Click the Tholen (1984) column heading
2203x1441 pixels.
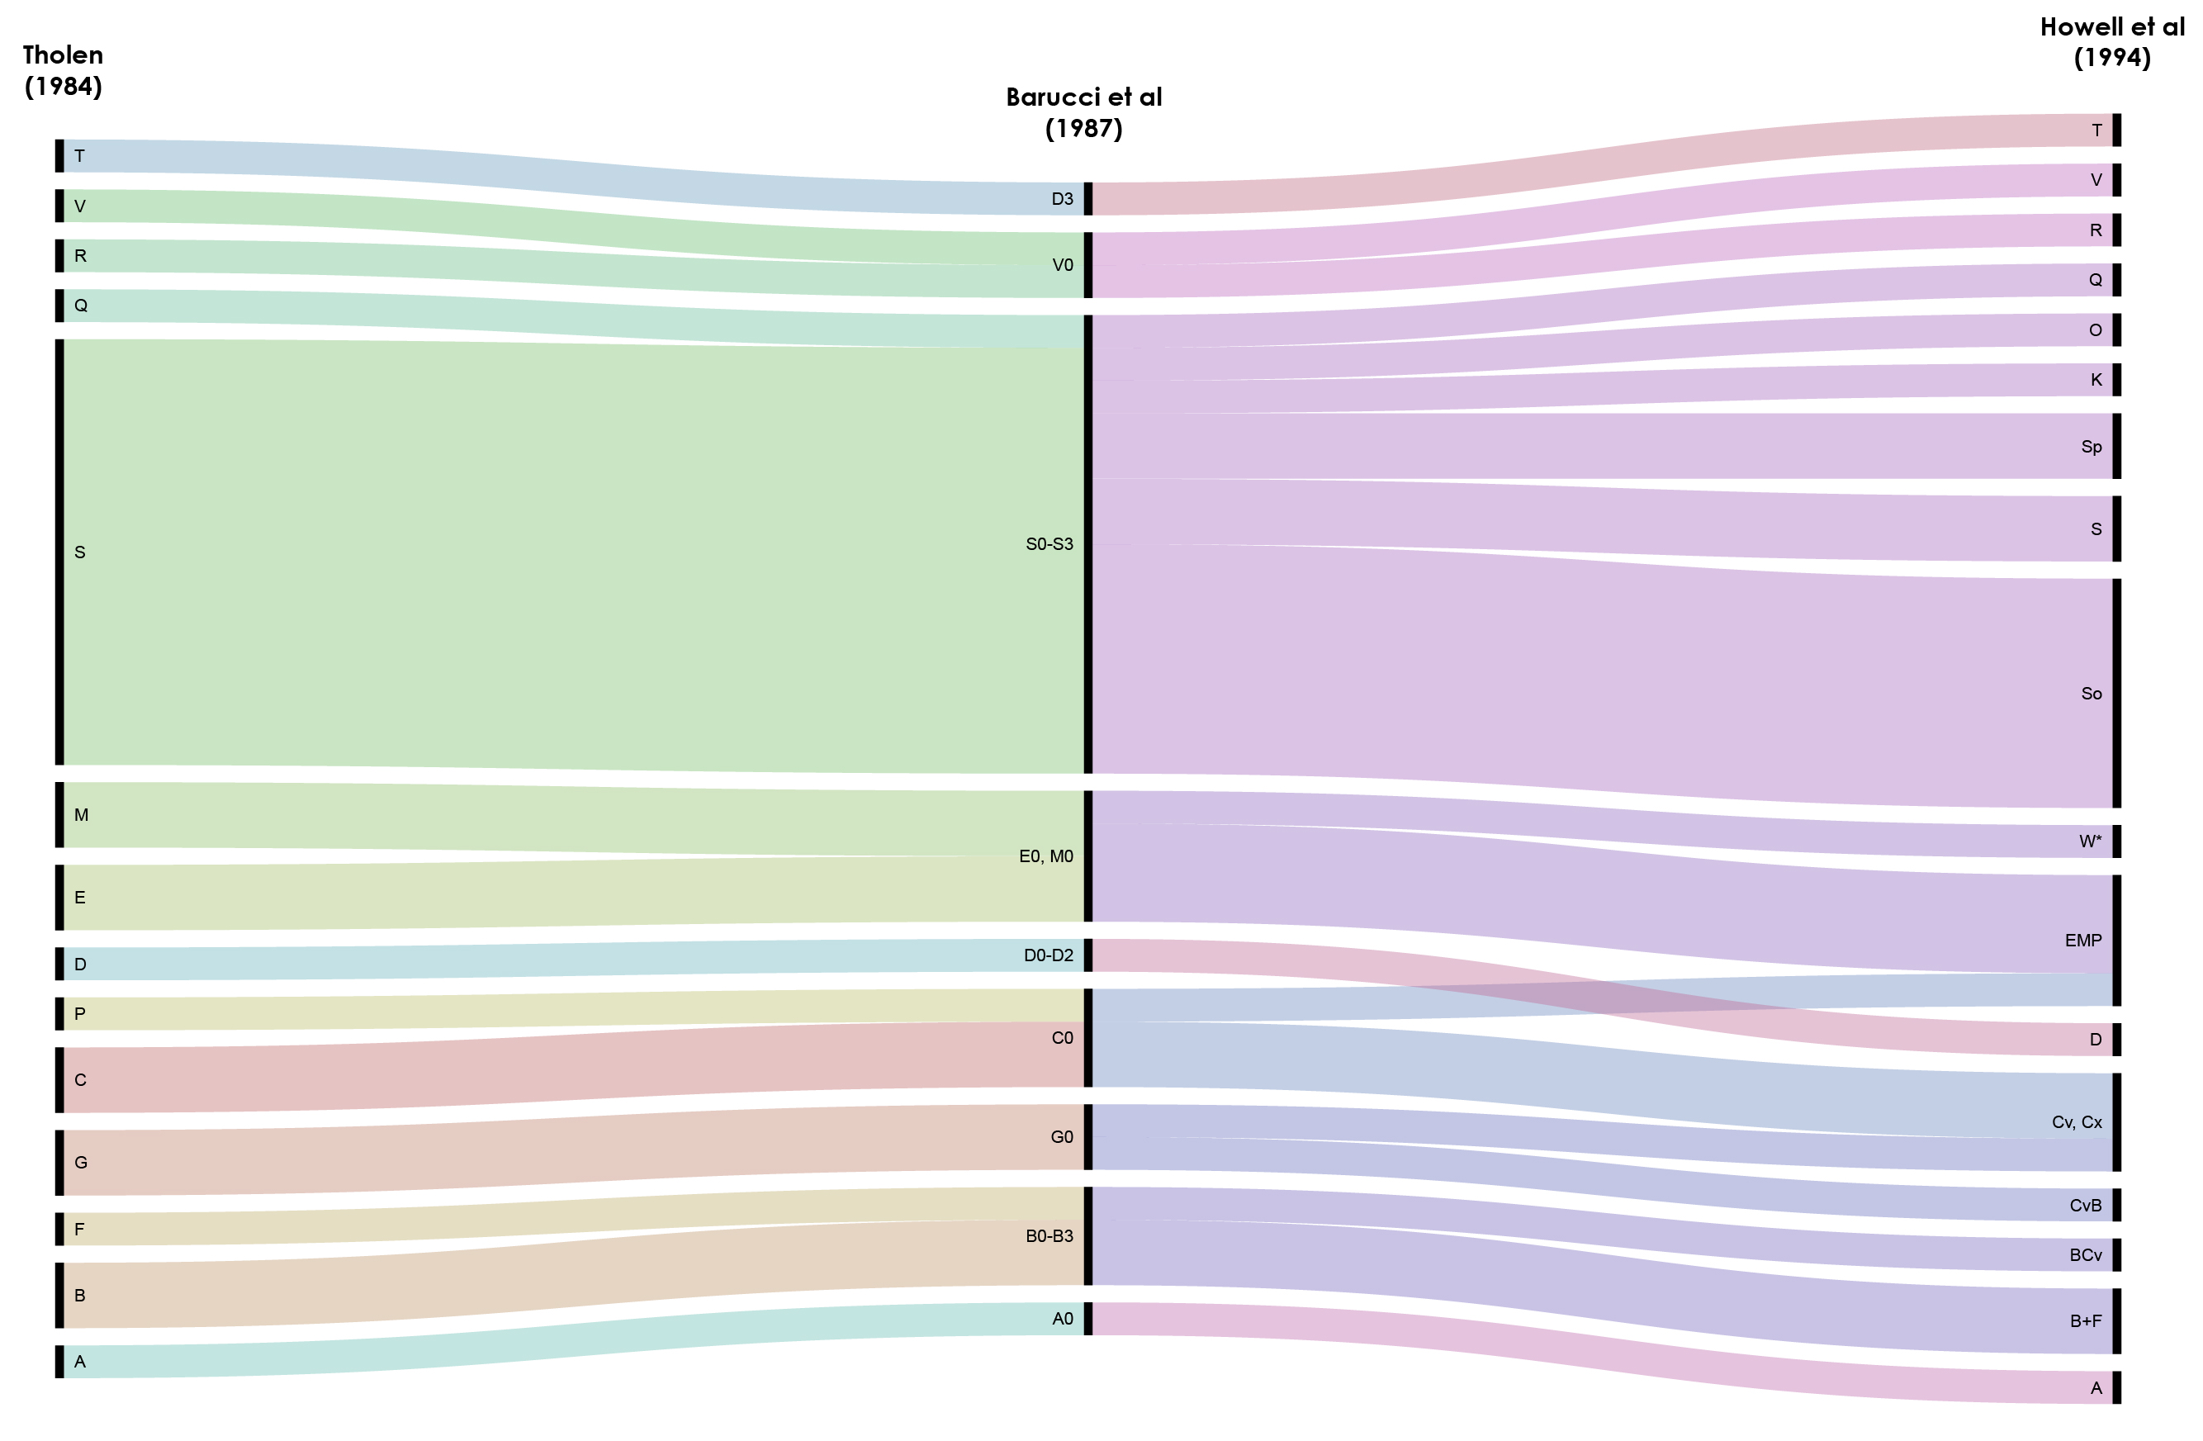click(x=63, y=70)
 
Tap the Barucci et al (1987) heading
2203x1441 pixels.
click(x=1083, y=112)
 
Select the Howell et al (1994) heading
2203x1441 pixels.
click(x=2111, y=41)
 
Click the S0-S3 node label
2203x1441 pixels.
click(x=1049, y=544)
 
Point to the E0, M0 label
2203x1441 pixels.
click(x=1045, y=856)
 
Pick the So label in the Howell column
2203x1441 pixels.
click(x=2091, y=693)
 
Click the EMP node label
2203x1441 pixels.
click(x=2082, y=941)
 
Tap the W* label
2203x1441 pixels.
click(x=2090, y=841)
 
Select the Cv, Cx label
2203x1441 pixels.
click(x=2076, y=1121)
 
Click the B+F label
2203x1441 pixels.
click(x=2086, y=1320)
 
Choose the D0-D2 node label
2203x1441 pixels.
click(x=1048, y=955)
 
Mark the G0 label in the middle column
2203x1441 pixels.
click(x=1062, y=1136)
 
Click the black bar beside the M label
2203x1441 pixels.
click(x=59, y=814)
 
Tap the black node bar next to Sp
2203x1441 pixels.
click(x=2117, y=446)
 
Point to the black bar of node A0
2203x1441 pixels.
click(x=1087, y=1318)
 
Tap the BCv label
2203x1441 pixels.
click(x=2086, y=1255)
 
